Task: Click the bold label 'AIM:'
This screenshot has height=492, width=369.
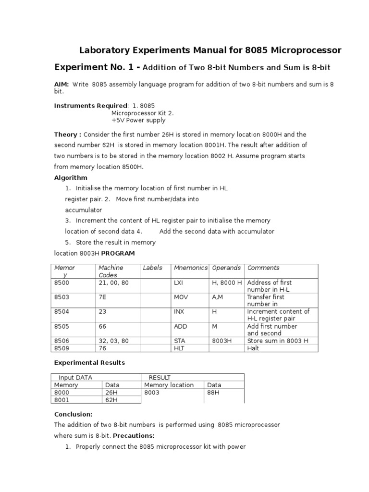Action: (61, 85)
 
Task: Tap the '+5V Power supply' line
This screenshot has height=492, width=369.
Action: (138, 121)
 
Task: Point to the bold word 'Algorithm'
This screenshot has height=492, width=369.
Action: (71, 178)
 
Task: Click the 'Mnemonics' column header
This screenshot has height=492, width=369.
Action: (191, 268)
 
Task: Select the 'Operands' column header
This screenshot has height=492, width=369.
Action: (226, 268)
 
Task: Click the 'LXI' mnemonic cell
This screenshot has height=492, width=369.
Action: (179, 283)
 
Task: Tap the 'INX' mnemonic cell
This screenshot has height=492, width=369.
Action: (179, 311)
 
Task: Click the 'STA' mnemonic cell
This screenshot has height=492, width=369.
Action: (179, 341)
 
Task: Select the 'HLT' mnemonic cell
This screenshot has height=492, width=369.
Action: (179, 348)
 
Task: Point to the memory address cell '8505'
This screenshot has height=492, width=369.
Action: (62, 326)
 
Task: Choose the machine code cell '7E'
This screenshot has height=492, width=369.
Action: (103, 297)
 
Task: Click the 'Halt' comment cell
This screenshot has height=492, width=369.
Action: (253, 348)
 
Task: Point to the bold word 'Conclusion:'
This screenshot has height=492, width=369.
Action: (73, 414)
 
